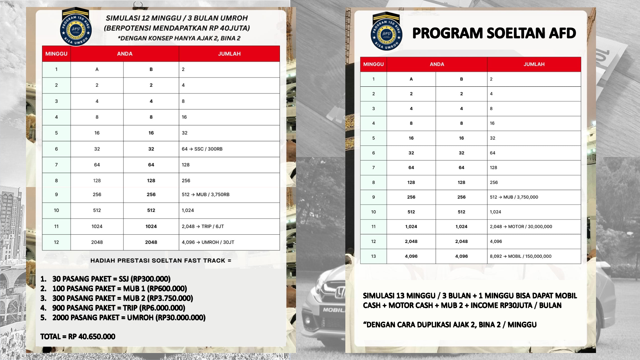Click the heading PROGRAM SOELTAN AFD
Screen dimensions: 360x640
(x=494, y=33)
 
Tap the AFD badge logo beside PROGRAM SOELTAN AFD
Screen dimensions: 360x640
(x=386, y=32)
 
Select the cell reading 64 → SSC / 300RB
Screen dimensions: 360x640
(x=202, y=149)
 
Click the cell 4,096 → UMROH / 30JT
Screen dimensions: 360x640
(x=208, y=242)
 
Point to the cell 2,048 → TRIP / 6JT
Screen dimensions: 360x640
(x=203, y=226)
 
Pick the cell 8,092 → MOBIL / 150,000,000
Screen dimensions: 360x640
(x=520, y=256)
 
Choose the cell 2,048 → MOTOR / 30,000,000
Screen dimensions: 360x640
(x=521, y=227)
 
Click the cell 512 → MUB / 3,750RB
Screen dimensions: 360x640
(x=205, y=195)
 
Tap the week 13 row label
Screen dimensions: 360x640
(x=373, y=256)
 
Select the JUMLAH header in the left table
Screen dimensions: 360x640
(x=229, y=54)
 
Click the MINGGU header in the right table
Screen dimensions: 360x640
(x=373, y=64)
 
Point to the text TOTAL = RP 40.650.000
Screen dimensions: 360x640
(x=78, y=337)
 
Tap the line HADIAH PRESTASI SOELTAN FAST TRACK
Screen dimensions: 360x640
(x=161, y=261)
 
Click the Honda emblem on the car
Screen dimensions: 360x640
(x=339, y=293)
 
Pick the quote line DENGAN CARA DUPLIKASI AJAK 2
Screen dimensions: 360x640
(x=450, y=325)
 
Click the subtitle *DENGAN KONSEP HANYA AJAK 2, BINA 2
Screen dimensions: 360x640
(x=179, y=38)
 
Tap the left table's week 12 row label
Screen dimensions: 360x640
(x=56, y=242)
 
